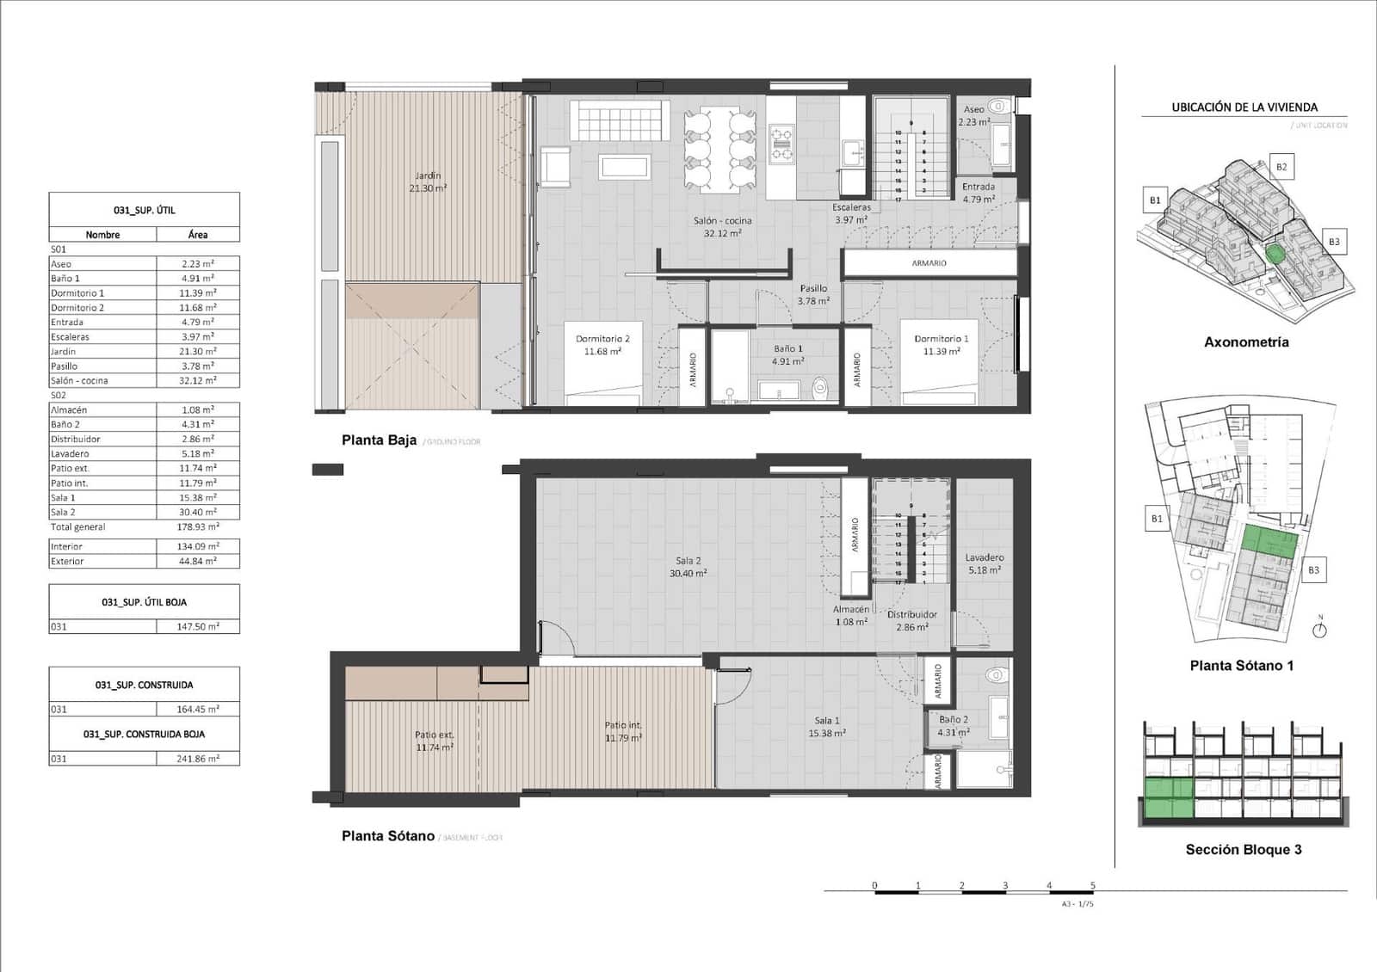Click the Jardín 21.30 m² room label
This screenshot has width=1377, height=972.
428,181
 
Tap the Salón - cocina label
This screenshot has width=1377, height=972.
722,226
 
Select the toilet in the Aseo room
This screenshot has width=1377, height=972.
998,107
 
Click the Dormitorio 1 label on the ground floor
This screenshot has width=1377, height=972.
942,344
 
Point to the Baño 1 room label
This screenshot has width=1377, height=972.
787,354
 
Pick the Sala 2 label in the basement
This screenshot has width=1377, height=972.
688,566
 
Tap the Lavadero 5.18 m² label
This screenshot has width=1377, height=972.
984,563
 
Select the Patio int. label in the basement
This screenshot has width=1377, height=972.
623,731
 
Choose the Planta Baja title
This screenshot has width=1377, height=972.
379,440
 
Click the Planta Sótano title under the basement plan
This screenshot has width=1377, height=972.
387,836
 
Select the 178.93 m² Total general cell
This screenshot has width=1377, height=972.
197,526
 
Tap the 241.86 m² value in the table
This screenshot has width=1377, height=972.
197,759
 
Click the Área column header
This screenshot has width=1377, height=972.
197,234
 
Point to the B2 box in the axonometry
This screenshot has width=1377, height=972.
1281,167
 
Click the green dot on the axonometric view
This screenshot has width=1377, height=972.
1275,253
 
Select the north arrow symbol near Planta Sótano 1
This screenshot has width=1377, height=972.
1320,629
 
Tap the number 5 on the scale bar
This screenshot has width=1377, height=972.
1093,885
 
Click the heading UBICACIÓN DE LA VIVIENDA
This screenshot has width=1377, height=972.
1244,108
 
